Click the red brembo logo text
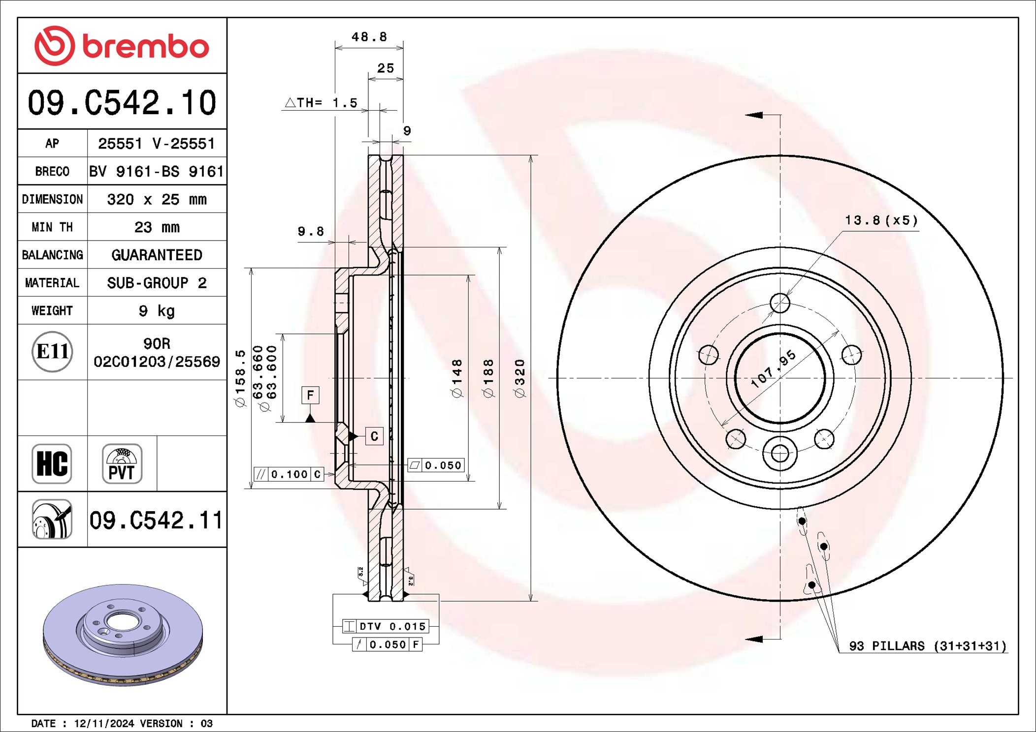(x=145, y=47)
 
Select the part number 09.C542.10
(x=122, y=103)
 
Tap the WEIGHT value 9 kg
(x=157, y=310)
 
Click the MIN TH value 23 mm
(x=157, y=227)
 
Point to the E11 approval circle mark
(x=52, y=351)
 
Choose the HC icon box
(x=52, y=463)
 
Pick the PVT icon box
(x=122, y=463)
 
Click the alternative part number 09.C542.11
(x=156, y=520)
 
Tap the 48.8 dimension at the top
(x=369, y=37)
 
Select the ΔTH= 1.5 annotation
(x=321, y=103)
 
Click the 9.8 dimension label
(x=311, y=231)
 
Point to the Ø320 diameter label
(x=520, y=378)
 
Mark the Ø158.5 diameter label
(x=240, y=378)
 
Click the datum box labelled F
(x=310, y=395)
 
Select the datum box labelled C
(x=374, y=436)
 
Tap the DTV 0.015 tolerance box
(x=386, y=626)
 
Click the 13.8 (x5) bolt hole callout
(x=881, y=220)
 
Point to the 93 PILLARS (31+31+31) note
(x=927, y=646)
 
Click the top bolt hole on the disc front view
(x=780, y=303)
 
